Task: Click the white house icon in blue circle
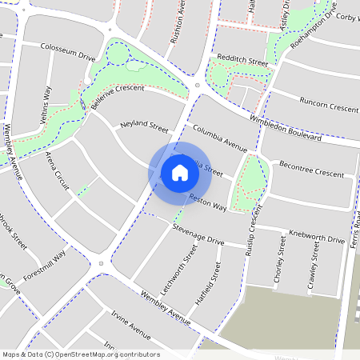pyautogui.click(x=180, y=172)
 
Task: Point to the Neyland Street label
pyautogui.click(x=144, y=128)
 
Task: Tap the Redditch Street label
pyautogui.click(x=242, y=61)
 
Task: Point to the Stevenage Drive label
pyautogui.click(x=198, y=235)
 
